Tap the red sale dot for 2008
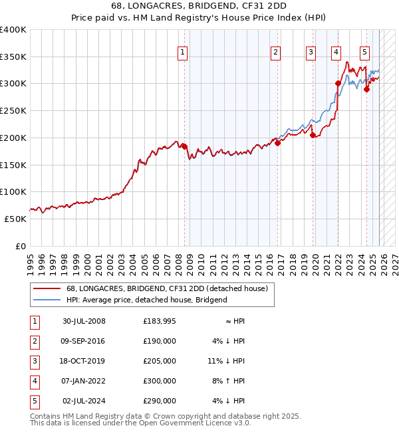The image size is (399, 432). (x=184, y=146)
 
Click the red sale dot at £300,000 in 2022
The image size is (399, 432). (x=338, y=83)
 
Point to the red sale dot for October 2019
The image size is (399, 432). (x=313, y=135)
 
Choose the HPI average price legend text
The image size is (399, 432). (x=146, y=300)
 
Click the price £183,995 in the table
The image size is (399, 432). (x=160, y=321)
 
